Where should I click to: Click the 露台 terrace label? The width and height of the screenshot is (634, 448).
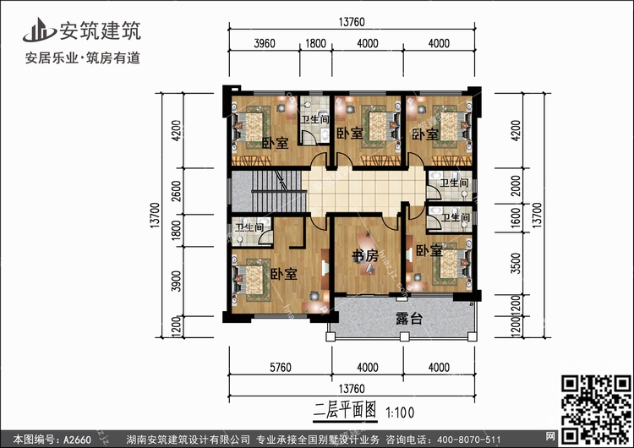click(x=409, y=319)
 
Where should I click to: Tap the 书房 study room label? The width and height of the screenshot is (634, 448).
click(x=365, y=255)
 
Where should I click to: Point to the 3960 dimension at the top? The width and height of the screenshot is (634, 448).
click(x=265, y=43)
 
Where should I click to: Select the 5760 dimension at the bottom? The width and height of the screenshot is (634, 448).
click(x=280, y=367)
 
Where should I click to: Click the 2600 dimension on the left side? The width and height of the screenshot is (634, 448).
click(x=177, y=191)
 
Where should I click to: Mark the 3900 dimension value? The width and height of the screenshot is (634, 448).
click(x=177, y=281)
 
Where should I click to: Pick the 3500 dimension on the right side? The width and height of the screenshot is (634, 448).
click(x=516, y=263)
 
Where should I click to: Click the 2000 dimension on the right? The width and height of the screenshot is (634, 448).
click(x=516, y=186)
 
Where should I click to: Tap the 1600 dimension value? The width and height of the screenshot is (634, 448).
click(x=516, y=217)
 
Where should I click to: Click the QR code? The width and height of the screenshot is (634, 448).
click(x=596, y=410)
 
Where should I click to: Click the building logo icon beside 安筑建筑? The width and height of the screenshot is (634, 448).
click(x=39, y=30)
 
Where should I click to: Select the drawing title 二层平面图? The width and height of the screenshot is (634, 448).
click(x=345, y=411)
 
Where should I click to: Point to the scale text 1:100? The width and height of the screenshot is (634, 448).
click(x=400, y=412)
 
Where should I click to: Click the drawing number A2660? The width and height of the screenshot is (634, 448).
click(x=77, y=439)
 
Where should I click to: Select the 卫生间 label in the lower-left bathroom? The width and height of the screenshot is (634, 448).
click(x=249, y=228)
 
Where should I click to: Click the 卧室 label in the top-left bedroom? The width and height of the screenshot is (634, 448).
click(x=275, y=143)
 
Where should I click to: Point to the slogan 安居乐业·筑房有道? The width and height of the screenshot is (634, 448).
click(x=83, y=57)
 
